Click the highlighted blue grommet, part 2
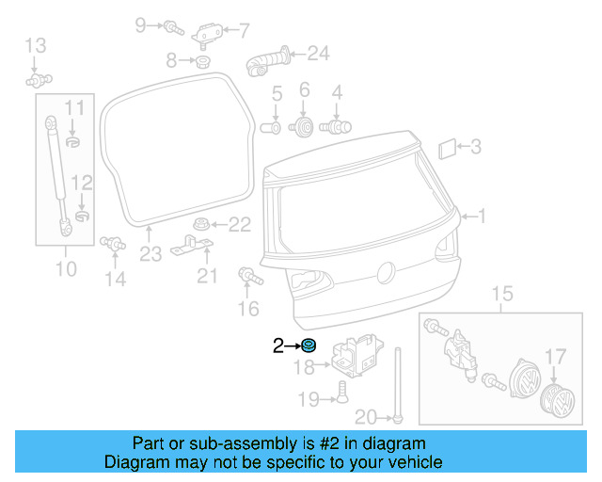309,345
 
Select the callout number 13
35,44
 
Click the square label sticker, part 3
448,147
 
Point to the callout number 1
483,217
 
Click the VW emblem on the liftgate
384,273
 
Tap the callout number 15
502,296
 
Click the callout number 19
308,399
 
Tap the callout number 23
151,253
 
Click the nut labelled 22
199,224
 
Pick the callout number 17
557,357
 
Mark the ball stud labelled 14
113,243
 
